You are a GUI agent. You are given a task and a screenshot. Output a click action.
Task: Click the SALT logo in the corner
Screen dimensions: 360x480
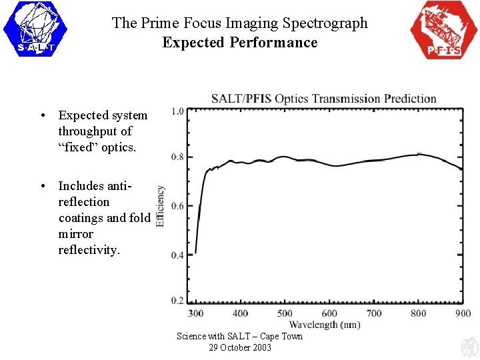point(35,29)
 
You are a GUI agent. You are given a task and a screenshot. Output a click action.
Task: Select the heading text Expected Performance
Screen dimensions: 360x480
point(240,43)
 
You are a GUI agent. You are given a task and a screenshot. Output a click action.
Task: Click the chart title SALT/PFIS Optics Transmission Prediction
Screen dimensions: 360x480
point(324,99)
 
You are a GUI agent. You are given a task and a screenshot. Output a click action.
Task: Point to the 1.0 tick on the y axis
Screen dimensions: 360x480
point(177,111)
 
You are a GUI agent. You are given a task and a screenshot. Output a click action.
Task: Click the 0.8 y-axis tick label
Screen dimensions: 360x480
point(177,157)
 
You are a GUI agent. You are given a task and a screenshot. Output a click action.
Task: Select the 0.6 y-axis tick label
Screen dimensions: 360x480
point(177,206)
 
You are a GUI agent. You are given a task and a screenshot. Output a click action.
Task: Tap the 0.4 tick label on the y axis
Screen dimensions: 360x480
point(177,255)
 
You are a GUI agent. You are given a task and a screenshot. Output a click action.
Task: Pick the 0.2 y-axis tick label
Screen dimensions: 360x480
point(177,301)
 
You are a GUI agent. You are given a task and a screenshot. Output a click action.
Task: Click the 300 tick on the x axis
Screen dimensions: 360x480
point(195,313)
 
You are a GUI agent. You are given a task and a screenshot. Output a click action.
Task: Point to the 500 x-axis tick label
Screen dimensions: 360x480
point(285,313)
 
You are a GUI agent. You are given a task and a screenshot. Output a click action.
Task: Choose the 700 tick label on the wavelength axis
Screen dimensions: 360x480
point(374,313)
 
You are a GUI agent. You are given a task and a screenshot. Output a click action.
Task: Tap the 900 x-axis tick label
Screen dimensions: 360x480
point(463,313)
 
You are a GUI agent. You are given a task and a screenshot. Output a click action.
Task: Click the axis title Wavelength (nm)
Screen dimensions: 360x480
point(325,325)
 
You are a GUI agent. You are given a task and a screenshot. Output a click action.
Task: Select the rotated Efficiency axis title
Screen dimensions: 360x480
point(161,206)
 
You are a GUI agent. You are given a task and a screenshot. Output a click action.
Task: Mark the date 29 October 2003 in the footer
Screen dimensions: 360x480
point(240,347)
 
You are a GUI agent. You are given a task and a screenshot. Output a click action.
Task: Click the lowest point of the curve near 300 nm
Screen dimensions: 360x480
point(195,253)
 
